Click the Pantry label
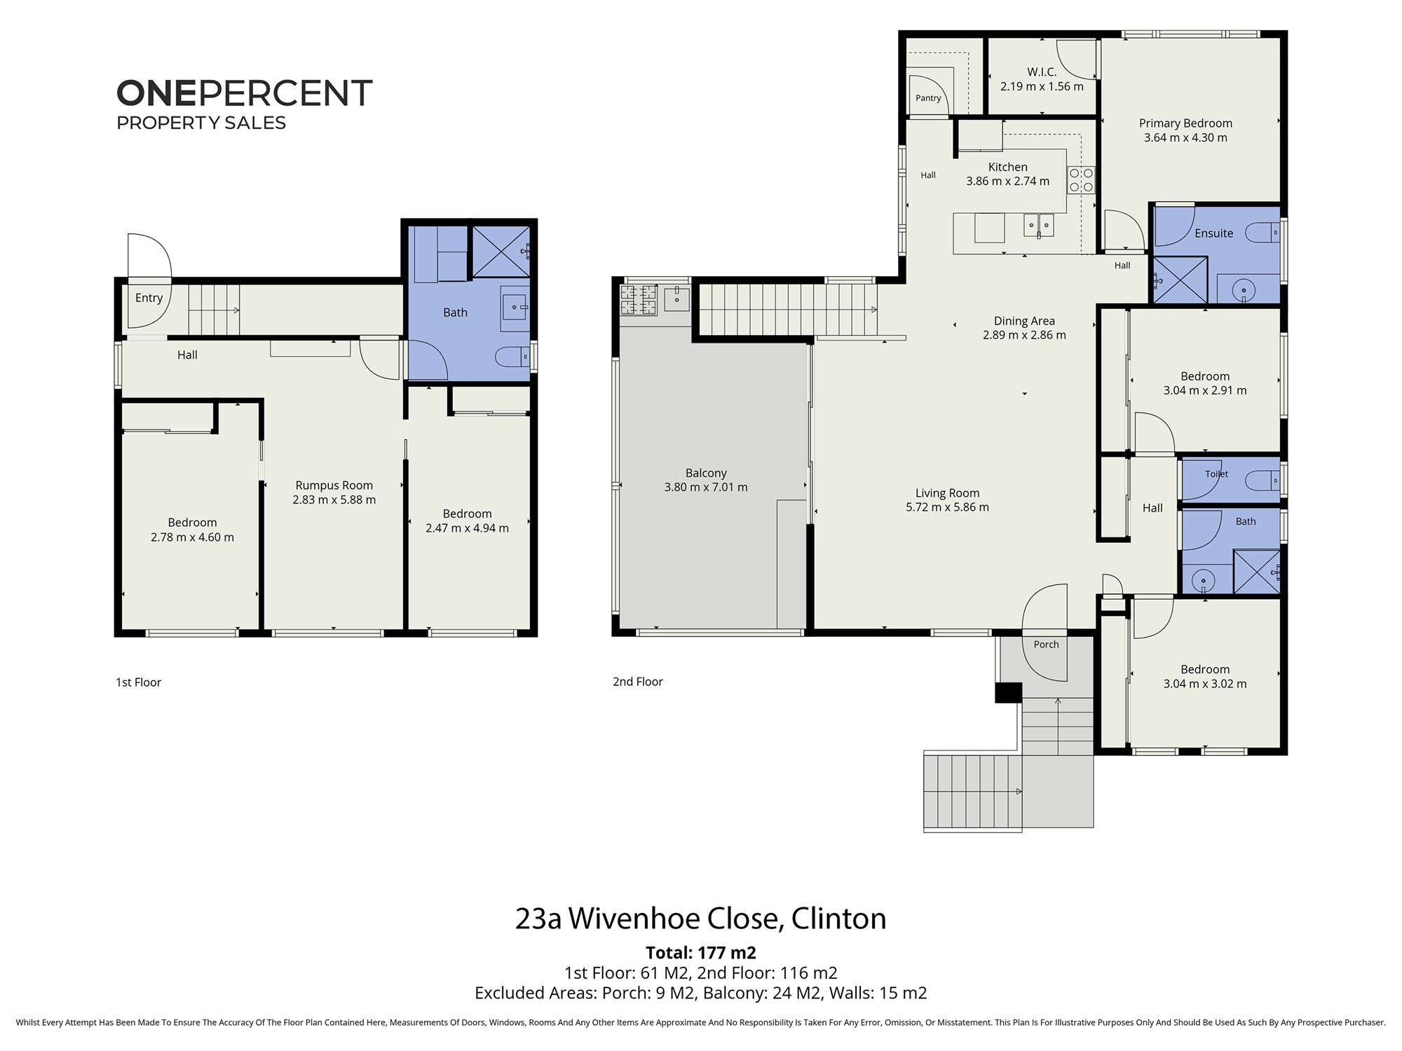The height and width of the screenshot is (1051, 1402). pos(928,98)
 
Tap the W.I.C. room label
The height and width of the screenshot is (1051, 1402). pos(1042,72)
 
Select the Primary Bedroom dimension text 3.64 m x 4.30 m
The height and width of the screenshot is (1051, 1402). pos(1185,138)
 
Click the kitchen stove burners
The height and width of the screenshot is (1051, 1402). pos(1081,180)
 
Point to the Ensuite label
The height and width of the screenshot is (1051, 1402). pos(1213,233)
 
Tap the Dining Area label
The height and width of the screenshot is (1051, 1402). pos(1024,321)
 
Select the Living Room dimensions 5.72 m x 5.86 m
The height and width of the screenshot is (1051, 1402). pos(947,507)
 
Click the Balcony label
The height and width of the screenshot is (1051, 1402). pos(706,473)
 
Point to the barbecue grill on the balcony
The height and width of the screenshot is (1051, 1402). pos(639,300)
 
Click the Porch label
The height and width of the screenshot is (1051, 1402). pos(1046,645)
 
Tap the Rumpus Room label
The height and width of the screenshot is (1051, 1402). pos(334,486)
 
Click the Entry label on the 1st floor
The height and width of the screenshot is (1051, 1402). pos(149,298)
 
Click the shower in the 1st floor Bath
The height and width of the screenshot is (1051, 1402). pos(501,252)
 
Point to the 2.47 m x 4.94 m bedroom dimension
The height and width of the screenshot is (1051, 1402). pos(467,528)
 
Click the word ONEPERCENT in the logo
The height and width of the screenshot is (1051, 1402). pos(244,93)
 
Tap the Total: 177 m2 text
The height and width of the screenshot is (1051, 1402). pos(701,953)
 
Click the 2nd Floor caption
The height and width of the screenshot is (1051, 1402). pos(638,682)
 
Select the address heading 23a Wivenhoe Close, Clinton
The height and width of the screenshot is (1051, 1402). pos(701,919)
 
